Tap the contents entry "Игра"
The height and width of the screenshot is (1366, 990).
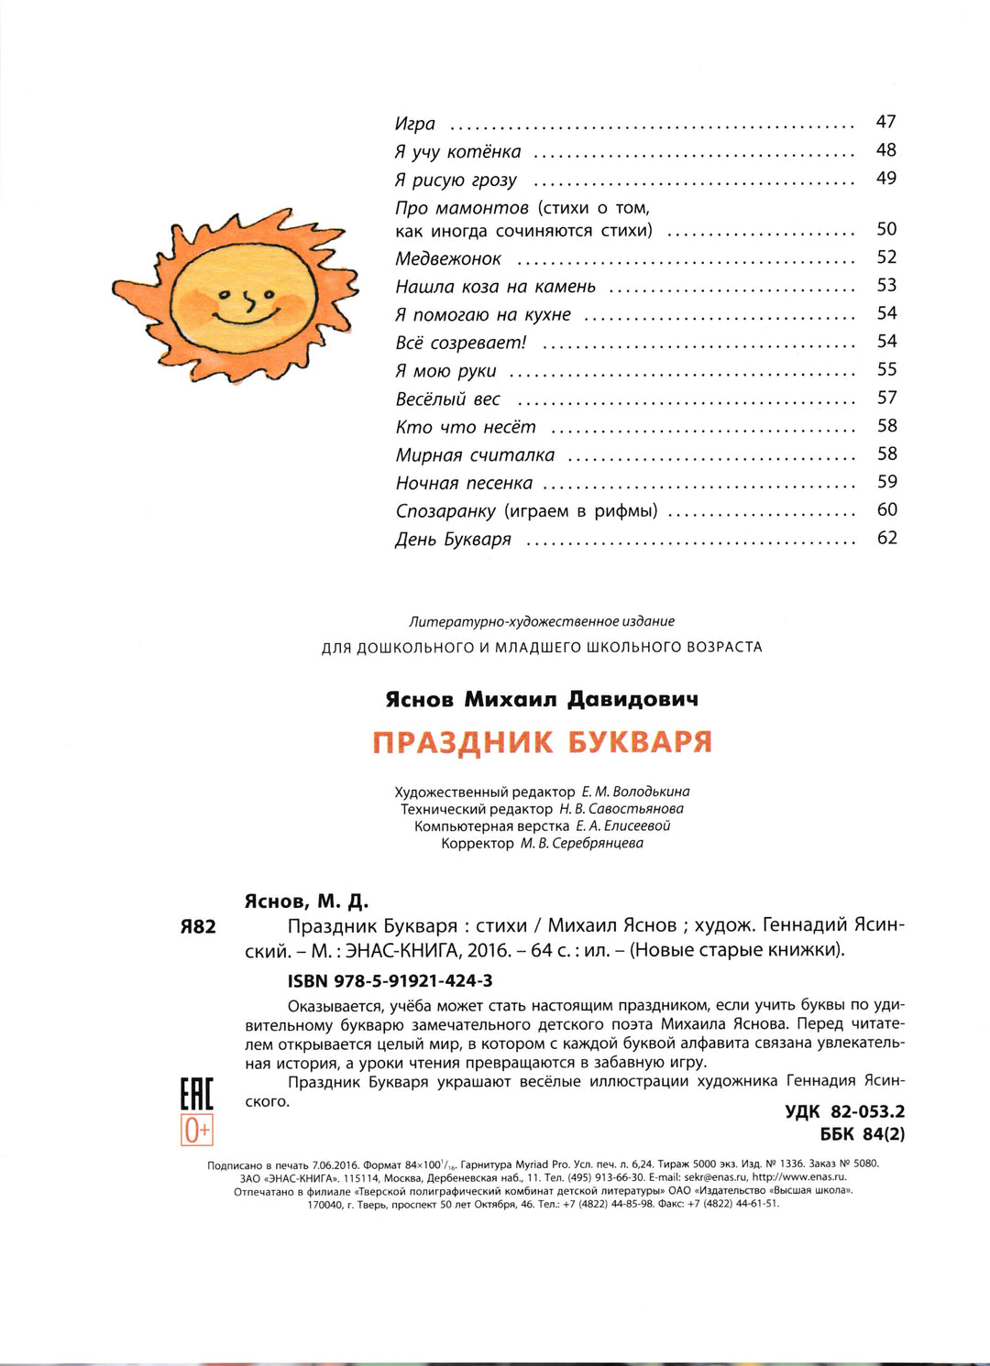pyautogui.click(x=415, y=124)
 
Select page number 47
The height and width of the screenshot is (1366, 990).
pyautogui.click(x=885, y=122)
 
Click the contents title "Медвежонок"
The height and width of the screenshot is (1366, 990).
pyautogui.click(x=448, y=259)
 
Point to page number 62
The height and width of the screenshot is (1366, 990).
pyautogui.click(x=886, y=538)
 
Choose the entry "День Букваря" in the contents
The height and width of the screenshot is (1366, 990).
pyautogui.click(x=453, y=540)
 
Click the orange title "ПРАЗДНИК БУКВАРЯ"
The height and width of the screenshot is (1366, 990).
pyautogui.click(x=542, y=741)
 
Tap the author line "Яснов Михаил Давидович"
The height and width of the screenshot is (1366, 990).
pyautogui.click(x=542, y=699)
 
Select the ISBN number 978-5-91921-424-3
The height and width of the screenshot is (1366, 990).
pyautogui.click(x=390, y=980)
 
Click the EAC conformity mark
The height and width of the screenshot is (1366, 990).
pyautogui.click(x=196, y=1094)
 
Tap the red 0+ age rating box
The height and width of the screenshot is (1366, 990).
pyautogui.click(x=196, y=1131)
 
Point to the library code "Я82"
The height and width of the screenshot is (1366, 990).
pyautogui.click(x=197, y=926)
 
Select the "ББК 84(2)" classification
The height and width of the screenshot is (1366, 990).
pyautogui.click(x=862, y=1133)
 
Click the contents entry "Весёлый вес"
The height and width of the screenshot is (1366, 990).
pyautogui.click(x=448, y=399)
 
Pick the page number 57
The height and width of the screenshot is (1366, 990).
pyautogui.click(x=886, y=398)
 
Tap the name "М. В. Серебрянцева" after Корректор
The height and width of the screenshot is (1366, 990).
pyautogui.click(x=582, y=843)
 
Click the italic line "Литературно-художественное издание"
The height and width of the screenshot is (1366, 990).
pyautogui.click(x=542, y=621)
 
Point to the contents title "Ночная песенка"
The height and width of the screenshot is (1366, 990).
pyautogui.click(x=464, y=484)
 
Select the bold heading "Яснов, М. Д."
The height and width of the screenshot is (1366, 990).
pyautogui.click(x=306, y=902)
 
